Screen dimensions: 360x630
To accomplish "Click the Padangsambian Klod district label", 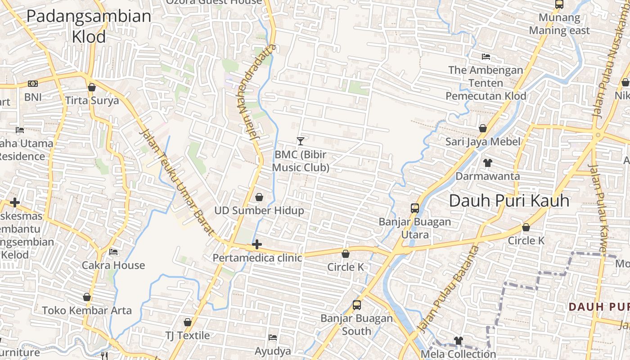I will click(x=89, y=26).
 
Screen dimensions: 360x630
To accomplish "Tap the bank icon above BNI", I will click(x=32, y=84).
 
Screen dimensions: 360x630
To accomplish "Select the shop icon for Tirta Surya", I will click(x=92, y=87).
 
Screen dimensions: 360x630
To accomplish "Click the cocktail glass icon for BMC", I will click(x=301, y=141).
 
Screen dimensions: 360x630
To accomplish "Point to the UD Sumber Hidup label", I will click(x=259, y=211).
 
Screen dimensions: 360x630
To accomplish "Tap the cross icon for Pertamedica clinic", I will click(x=257, y=245).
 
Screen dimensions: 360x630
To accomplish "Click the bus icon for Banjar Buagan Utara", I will click(x=415, y=208).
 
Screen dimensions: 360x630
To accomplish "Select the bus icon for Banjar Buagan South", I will click(x=356, y=305).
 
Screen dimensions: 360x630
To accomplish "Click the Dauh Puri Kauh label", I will click(x=509, y=201).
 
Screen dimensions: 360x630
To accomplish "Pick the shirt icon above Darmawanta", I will click(x=487, y=162).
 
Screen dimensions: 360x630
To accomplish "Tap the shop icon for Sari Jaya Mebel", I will click(x=483, y=129).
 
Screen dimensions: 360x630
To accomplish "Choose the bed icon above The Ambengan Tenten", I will click(x=486, y=57).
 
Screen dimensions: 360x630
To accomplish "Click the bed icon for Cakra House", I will click(x=113, y=252).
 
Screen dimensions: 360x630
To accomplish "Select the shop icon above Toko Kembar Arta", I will click(x=87, y=297).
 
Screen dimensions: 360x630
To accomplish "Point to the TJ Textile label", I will click(x=187, y=336).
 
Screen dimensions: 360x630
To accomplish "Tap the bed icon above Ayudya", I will click(x=273, y=337).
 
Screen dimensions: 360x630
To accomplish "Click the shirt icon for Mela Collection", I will click(x=458, y=341).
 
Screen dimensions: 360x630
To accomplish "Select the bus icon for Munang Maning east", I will click(x=559, y=4).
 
